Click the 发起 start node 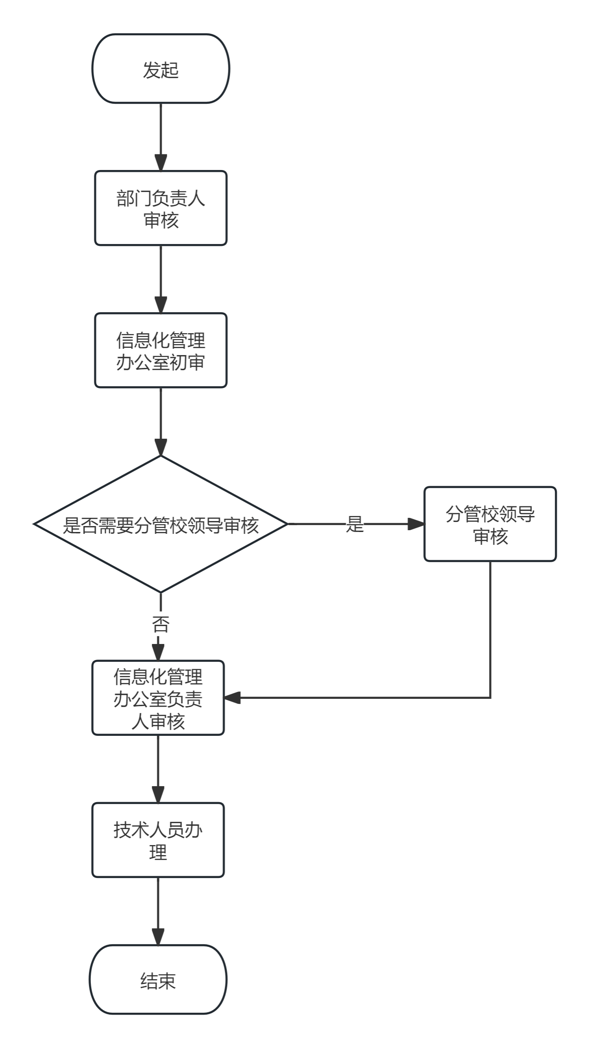pyautogui.click(x=160, y=69)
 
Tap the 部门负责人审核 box pyautogui.click(x=160, y=208)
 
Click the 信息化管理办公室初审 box pyautogui.click(x=160, y=351)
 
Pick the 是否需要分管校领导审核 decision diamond pyautogui.click(x=160, y=524)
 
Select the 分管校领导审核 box pyautogui.click(x=490, y=524)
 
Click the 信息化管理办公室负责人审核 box pyautogui.click(x=158, y=698)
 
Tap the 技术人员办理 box pyautogui.click(x=158, y=840)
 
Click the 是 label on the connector pyautogui.click(x=355, y=524)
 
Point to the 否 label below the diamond pyautogui.click(x=160, y=624)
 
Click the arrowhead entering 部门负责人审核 pyautogui.click(x=160, y=163)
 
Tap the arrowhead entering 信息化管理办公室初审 pyautogui.click(x=160, y=305)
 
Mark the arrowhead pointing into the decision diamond pyautogui.click(x=160, y=447)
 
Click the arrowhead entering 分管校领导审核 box pyautogui.click(x=416, y=524)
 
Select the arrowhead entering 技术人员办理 pyautogui.click(x=158, y=795)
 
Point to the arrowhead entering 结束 pyautogui.click(x=158, y=937)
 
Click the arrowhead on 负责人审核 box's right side pyautogui.click(x=232, y=698)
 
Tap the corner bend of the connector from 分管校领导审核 pyautogui.click(x=490, y=698)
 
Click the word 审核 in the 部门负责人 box pyautogui.click(x=160, y=220)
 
